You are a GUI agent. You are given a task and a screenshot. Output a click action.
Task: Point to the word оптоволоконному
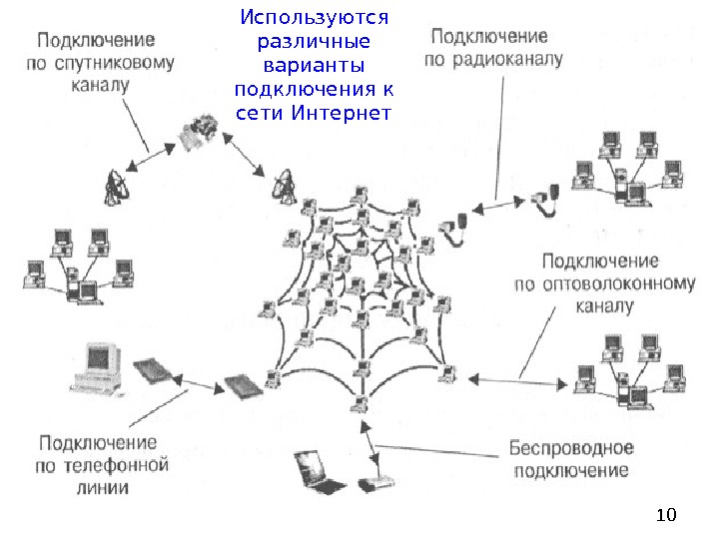[x=604, y=283]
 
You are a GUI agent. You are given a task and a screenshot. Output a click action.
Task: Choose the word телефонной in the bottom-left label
[x=124, y=464]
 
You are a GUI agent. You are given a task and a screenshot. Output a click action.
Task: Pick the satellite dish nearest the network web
[x=282, y=184]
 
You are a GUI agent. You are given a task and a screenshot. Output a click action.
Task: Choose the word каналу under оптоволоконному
[x=603, y=305]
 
